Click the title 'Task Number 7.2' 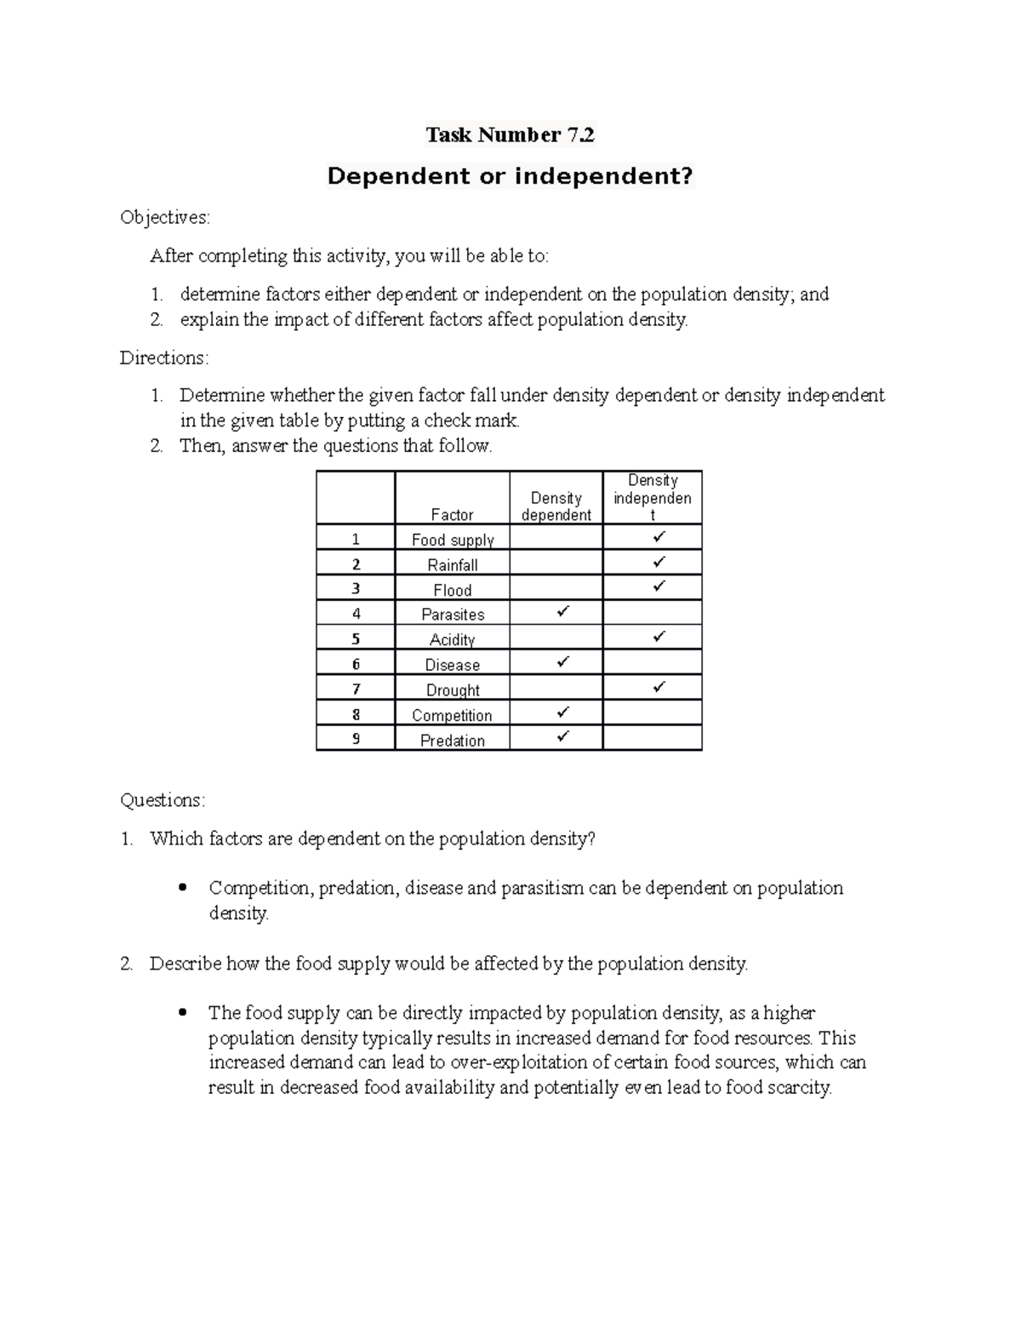click(510, 134)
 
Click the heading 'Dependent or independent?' click(510, 176)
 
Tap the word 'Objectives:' click(164, 217)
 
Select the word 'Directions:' click(163, 358)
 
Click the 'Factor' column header click(452, 514)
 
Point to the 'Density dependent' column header click(556, 506)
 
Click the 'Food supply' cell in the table click(452, 540)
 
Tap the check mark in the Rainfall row click(659, 563)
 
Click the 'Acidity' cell click(452, 639)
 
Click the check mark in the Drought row click(659, 687)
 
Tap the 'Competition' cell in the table click(452, 715)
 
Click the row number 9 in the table click(356, 739)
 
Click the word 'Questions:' click(163, 800)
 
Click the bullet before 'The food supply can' click(182, 1014)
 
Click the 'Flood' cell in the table click(452, 590)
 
